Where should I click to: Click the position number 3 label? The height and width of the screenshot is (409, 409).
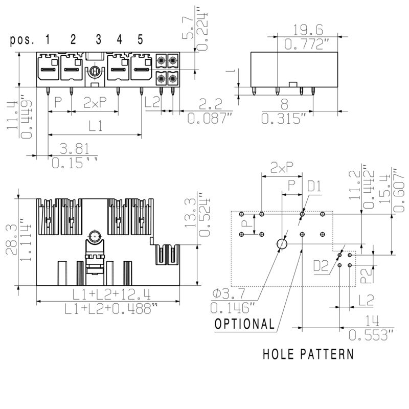click(x=98, y=39)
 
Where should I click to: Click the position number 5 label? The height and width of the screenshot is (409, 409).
click(x=140, y=39)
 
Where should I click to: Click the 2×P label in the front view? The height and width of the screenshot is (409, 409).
click(x=95, y=103)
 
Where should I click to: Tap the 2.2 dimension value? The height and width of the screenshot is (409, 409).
click(x=210, y=104)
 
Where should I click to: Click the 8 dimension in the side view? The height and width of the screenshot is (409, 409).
click(x=284, y=104)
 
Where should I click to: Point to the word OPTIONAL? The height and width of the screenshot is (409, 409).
click(x=244, y=324)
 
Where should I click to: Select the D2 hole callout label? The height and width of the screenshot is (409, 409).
click(x=321, y=266)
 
